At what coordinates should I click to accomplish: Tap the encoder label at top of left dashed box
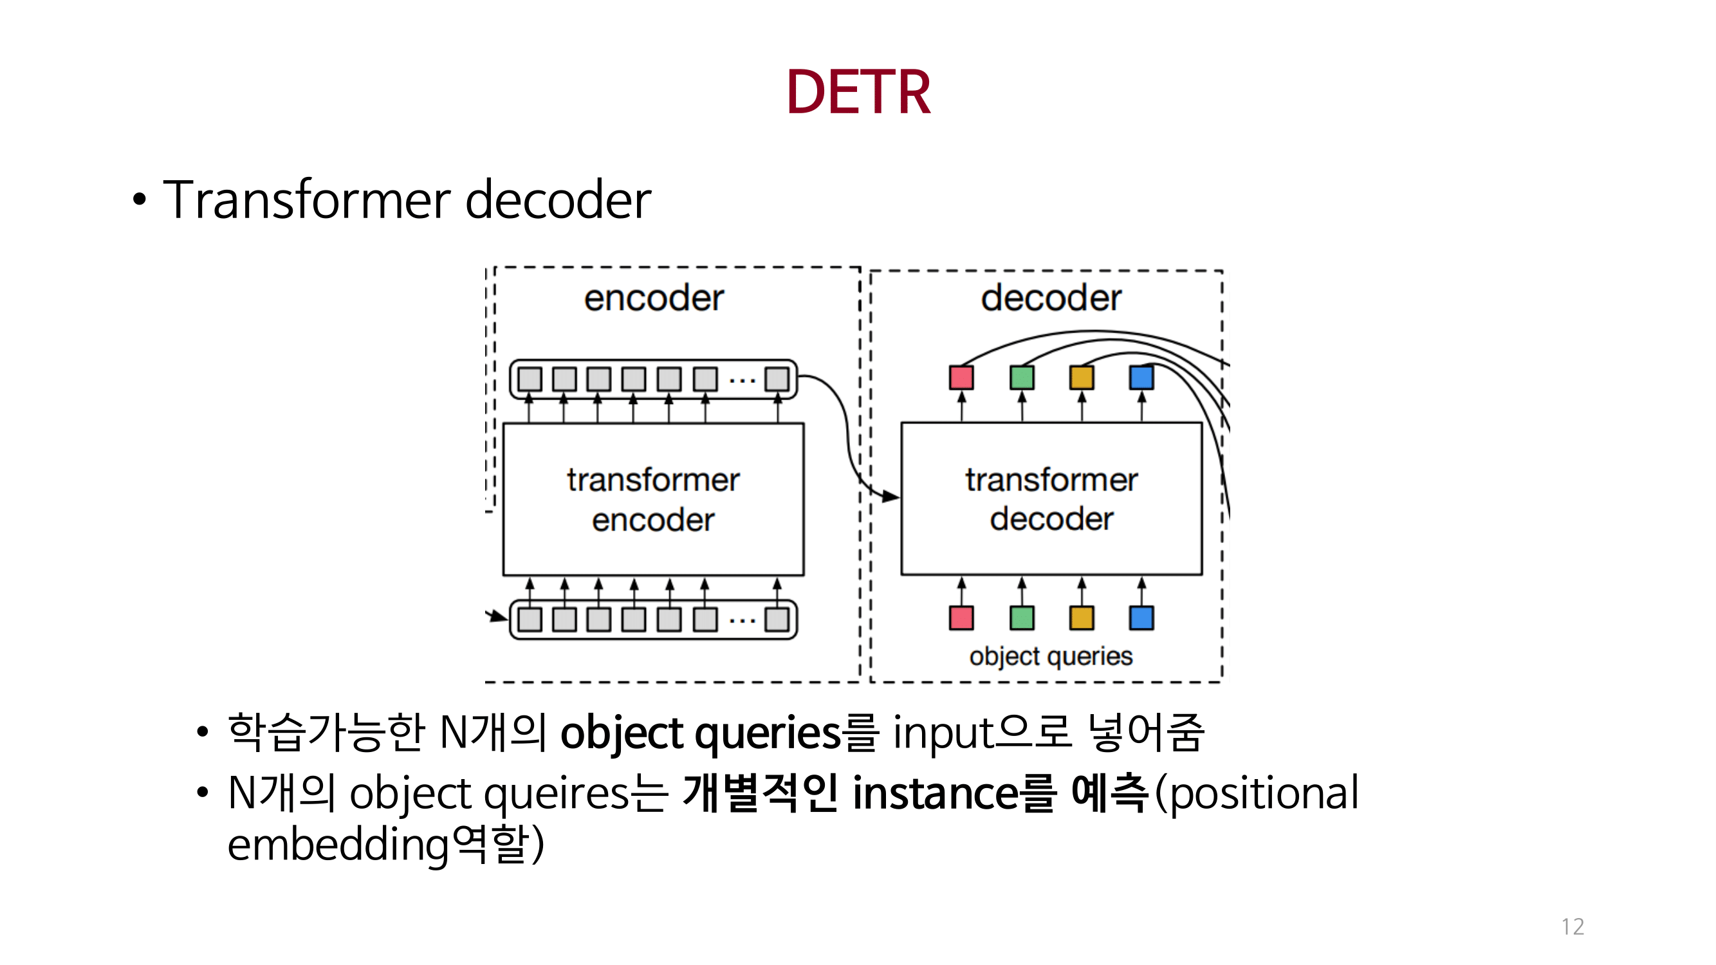pyautogui.click(x=654, y=298)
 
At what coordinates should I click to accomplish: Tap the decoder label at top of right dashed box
pyautogui.click(x=1051, y=298)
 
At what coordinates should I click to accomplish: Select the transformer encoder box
pyautogui.click(x=653, y=499)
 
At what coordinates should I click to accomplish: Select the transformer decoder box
pyautogui.click(x=1051, y=499)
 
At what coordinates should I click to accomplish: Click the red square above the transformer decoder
pyautogui.click(x=961, y=378)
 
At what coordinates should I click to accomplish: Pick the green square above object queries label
pyautogui.click(x=1021, y=618)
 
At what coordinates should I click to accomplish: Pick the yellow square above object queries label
pyautogui.click(x=1080, y=618)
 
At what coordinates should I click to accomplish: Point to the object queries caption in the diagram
pyautogui.click(x=1051, y=656)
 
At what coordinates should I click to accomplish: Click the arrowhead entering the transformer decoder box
pyautogui.click(x=890, y=496)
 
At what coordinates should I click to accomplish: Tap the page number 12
pyautogui.click(x=1572, y=926)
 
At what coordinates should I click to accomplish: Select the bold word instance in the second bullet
pyautogui.click(x=936, y=793)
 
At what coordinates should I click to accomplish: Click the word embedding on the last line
pyautogui.click(x=338, y=845)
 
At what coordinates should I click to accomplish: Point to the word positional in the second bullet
pyautogui.click(x=1264, y=793)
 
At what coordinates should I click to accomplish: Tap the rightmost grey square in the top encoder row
pyautogui.click(x=776, y=379)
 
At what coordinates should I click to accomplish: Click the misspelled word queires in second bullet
pyautogui.click(x=556, y=793)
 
